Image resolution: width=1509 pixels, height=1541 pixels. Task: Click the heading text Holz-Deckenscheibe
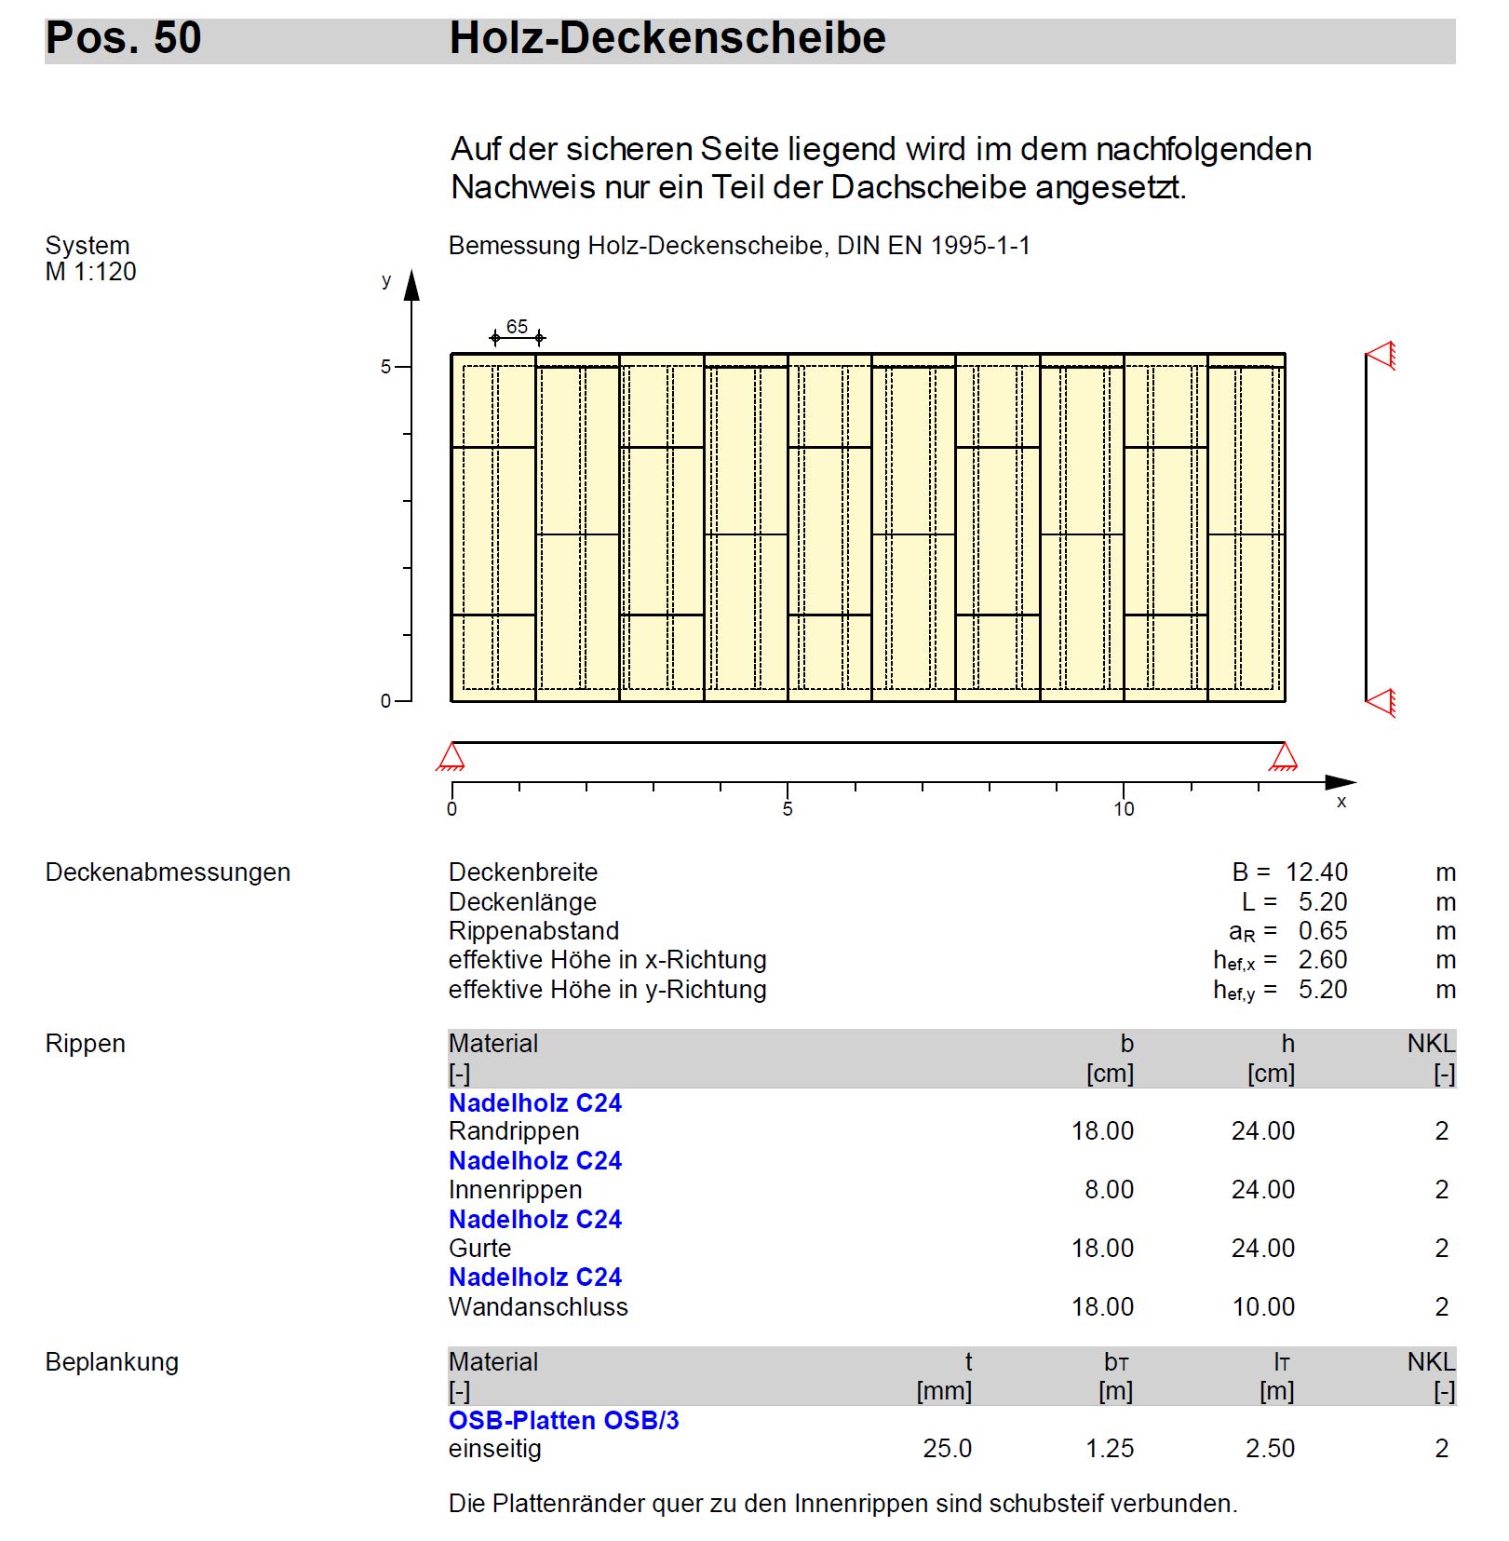coord(667,39)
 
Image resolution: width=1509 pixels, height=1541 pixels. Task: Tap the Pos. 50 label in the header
coord(123,39)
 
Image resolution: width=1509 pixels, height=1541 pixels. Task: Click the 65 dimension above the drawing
coord(517,327)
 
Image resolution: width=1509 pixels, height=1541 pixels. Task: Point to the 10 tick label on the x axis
coord(1124,809)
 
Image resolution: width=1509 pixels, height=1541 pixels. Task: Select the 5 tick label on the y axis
coord(385,367)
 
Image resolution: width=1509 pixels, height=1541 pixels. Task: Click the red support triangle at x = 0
coord(451,756)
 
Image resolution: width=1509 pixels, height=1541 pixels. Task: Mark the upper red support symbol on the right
coord(1381,356)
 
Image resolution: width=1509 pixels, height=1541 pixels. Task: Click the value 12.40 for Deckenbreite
coord(1316,872)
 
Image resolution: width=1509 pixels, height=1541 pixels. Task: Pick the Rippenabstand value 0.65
coord(1322,931)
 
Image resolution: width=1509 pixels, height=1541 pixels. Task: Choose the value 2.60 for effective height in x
coord(1322,960)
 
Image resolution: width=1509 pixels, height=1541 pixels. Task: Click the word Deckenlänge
coord(522,902)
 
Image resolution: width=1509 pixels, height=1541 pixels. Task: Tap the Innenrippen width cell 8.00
coord(1109,1190)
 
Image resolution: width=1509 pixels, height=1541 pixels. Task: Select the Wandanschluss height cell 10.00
coord(1263,1307)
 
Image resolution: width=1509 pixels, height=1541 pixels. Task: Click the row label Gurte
coord(479,1249)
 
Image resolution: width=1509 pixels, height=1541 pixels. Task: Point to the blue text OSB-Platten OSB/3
coord(563,1421)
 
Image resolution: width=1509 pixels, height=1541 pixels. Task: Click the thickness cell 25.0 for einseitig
coord(947,1449)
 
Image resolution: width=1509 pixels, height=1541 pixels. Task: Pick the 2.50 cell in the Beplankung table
coord(1270,1449)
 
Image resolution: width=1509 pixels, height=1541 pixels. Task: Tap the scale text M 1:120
coord(90,272)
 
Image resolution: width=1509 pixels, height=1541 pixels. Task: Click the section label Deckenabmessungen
coord(168,872)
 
